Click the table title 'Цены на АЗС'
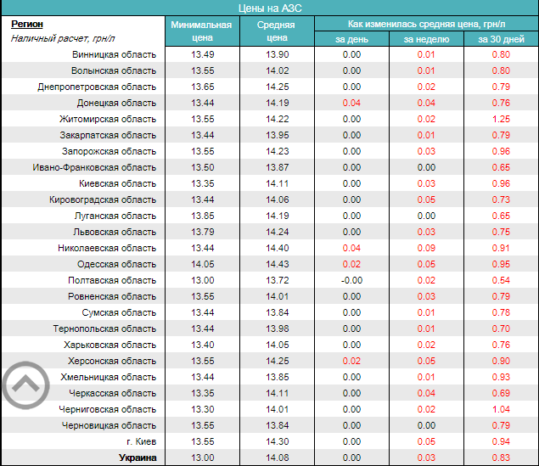pos(269,8)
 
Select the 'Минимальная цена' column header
pos(201,31)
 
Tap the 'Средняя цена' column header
pos(277,31)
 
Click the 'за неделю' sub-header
pos(425,39)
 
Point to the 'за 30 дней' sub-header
pos(501,39)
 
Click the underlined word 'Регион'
pos(26,25)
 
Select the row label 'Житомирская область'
pos(108,119)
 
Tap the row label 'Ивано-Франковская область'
pos(94,167)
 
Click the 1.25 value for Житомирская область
pos(501,119)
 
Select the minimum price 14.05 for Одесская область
pos(202,264)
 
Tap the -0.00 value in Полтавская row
pos(351,280)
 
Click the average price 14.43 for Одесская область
pos(277,264)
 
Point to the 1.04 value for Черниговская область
pos(501,409)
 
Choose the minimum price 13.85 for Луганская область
pos(202,216)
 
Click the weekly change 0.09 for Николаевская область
pos(425,248)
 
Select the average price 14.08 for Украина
pos(277,458)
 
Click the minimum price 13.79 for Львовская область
pos(202,232)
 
